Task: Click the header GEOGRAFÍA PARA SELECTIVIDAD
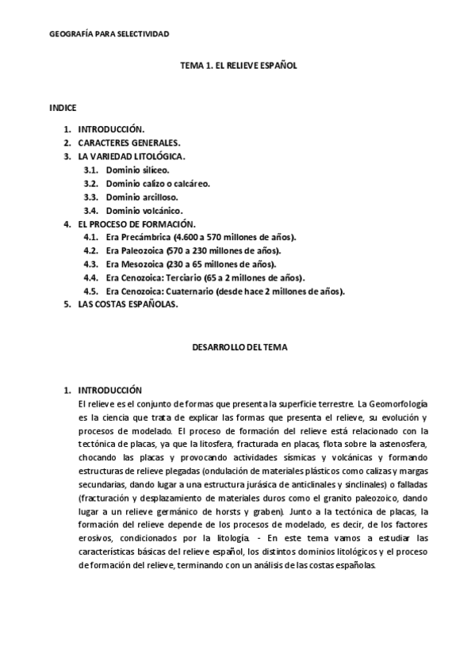tap(109, 34)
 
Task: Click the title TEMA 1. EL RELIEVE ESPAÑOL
tap(238, 68)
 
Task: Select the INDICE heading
tap(63, 107)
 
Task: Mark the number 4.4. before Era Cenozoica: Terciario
tap(90, 278)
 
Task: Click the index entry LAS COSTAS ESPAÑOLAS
tap(128, 305)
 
